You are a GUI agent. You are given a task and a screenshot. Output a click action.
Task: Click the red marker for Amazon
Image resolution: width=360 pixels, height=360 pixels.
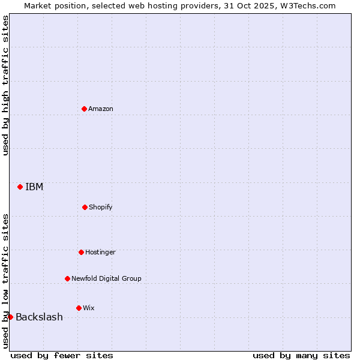click(x=85, y=109)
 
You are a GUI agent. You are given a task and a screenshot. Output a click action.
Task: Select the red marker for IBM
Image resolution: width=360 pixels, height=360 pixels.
click(x=20, y=187)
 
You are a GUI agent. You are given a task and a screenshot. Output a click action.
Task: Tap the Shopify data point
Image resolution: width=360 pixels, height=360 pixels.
click(x=85, y=207)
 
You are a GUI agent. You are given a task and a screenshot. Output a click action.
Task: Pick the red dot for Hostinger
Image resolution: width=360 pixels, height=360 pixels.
click(x=81, y=252)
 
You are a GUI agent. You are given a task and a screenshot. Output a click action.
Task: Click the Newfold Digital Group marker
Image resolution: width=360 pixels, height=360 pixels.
click(x=67, y=278)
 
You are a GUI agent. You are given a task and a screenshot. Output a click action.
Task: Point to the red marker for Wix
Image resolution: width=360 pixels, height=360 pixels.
click(x=79, y=308)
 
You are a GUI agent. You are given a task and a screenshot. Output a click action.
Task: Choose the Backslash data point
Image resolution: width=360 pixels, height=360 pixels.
click(x=10, y=317)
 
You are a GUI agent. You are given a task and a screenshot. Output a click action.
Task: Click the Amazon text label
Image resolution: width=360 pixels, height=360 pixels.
click(x=101, y=109)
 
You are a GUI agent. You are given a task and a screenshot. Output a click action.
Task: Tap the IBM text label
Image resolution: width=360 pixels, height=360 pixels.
click(x=34, y=187)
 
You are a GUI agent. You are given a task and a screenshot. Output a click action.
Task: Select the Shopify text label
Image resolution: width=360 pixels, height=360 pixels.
click(x=101, y=207)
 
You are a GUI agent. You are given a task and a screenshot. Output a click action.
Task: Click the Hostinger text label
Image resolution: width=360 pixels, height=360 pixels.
click(x=100, y=252)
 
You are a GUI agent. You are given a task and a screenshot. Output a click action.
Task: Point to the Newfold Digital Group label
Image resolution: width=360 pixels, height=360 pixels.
click(x=106, y=278)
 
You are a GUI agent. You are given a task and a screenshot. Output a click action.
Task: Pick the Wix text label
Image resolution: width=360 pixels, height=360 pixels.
click(x=89, y=308)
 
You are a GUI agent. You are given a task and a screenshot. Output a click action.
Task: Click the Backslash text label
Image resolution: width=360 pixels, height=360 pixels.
click(x=39, y=317)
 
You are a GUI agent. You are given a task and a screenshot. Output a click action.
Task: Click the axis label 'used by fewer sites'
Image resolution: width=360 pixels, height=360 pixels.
click(x=62, y=355)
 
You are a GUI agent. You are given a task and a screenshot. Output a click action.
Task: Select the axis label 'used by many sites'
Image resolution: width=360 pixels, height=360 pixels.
click(x=301, y=355)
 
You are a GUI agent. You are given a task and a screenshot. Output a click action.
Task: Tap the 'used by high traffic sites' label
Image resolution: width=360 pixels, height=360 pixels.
click(x=5, y=85)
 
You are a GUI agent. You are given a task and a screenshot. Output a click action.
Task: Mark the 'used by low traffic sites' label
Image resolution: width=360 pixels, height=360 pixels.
click(x=5, y=280)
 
